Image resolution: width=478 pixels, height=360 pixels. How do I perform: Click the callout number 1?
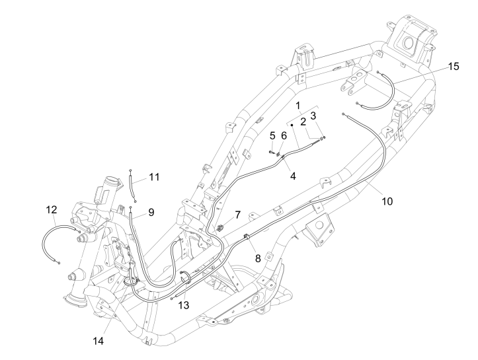(298, 106)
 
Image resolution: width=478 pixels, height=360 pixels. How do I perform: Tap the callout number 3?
(315, 116)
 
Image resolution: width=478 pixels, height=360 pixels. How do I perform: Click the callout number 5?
(272, 135)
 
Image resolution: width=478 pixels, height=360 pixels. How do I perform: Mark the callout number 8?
(257, 258)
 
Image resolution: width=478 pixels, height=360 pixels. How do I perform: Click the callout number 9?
(151, 212)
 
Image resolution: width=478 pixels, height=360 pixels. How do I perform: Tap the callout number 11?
(154, 177)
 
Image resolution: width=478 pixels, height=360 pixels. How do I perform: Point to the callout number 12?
(52, 210)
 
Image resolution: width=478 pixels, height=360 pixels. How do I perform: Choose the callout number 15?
(452, 66)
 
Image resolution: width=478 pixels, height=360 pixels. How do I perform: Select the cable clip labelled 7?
(220, 229)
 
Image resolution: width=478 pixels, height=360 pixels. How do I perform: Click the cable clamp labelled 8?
(246, 236)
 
